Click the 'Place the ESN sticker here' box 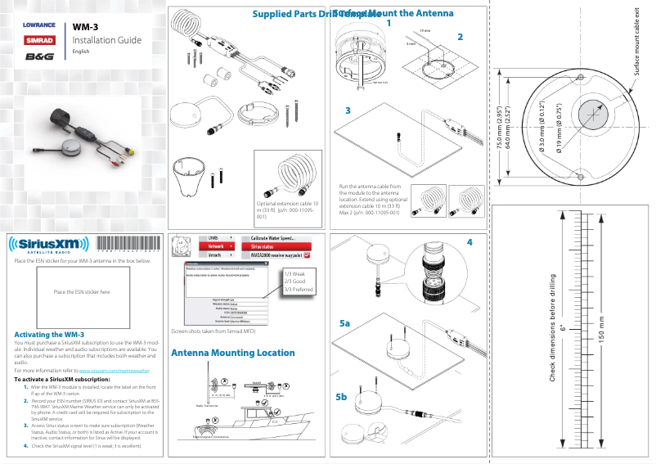click(x=81, y=292)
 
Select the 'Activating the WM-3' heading click(x=50, y=335)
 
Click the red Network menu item click(x=217, y=246)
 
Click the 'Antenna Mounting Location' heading click(x=232, y=353)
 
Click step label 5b click(x=342, y=397)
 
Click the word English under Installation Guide click(x=81, y=52)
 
